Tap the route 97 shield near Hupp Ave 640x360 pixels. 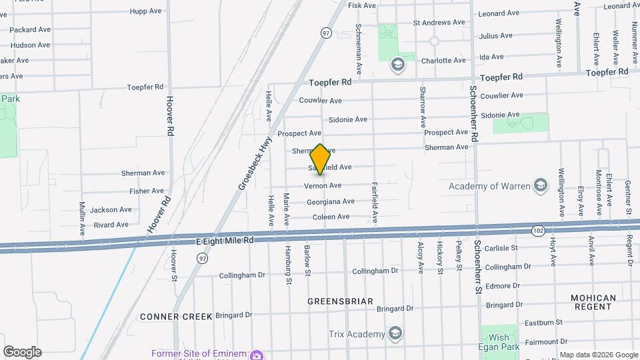coord(325,33)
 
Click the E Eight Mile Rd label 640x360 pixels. coord(225,240)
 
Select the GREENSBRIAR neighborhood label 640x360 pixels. coord(340,301)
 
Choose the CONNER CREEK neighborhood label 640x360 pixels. coord(176,316)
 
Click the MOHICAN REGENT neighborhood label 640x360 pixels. coord(593,302)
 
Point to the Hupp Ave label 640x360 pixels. coord(147,11)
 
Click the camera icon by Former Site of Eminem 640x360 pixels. coord(255,354)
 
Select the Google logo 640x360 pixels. coord(22,352)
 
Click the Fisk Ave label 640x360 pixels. coord(363,5)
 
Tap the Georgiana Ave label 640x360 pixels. coord(331,201)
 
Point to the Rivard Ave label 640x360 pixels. coord(111,225)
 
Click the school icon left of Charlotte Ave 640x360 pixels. coord(397,64)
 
